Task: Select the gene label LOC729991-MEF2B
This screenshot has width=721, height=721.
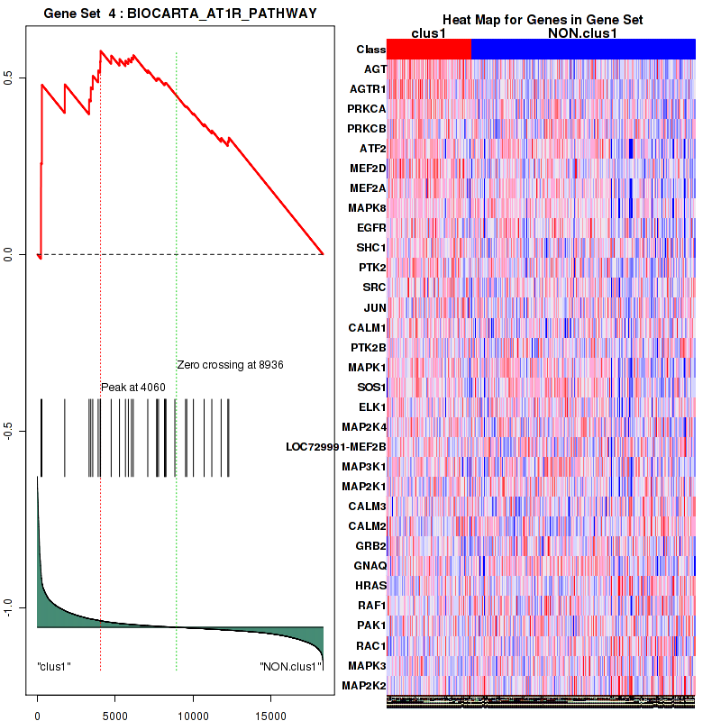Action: (x=335, y=446)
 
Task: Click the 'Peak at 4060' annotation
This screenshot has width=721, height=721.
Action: (x=132, y=387)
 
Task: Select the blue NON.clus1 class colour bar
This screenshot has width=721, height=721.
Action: (x=583, y=50)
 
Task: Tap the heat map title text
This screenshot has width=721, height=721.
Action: (x=542, y=20)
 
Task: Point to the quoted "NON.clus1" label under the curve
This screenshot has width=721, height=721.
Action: (x=290, y=667)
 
